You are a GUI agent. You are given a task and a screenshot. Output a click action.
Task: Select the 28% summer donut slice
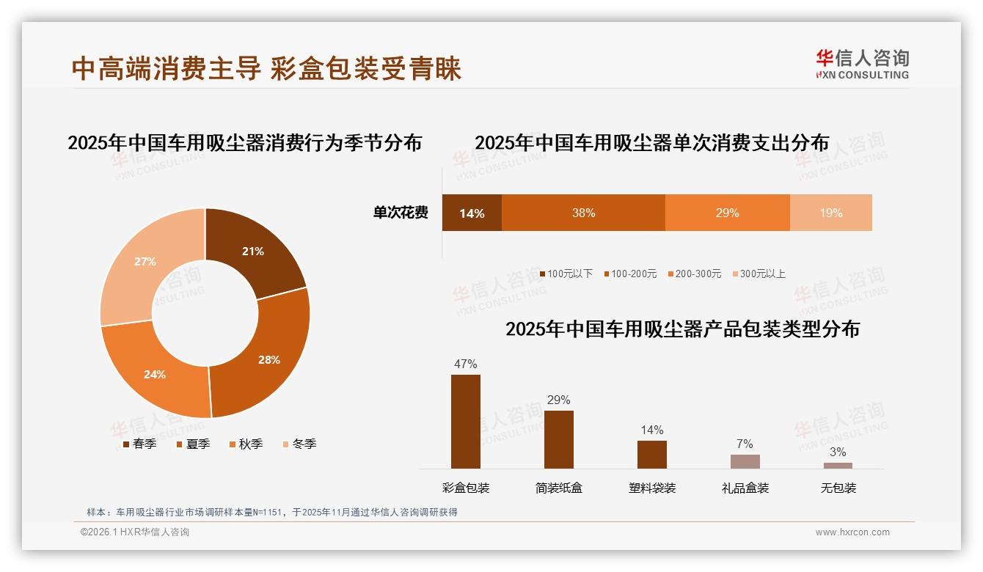click(x=268, y=359)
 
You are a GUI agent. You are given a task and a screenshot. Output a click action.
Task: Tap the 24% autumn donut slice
click(x=155, y=374)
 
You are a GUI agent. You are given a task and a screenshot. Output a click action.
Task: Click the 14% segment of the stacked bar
click(x=472, y=213)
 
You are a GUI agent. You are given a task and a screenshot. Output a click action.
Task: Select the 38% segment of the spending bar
click(x=583, y=213)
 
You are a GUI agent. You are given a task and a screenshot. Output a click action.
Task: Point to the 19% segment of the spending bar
click(x=830, y=213)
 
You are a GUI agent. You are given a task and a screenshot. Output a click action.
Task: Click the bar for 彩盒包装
click(x=465, y=422)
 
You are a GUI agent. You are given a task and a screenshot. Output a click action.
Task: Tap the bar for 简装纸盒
click(x=558, y=439)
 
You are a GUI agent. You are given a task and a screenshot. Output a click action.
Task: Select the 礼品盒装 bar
click(x=745, y=461)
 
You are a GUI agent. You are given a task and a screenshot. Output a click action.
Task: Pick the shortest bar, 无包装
click(x=838, y=466)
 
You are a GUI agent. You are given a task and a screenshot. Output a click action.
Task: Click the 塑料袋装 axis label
click(x=651, y=488)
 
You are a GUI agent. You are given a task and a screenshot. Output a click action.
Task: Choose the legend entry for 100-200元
click(x=630, y=274)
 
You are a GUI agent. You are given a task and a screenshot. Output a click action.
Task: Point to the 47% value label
click(x=465, y=364)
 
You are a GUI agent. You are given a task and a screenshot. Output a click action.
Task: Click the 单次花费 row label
click(x=401, y=213)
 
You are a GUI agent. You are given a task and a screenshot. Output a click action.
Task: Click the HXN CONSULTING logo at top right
click(x=862, y=65)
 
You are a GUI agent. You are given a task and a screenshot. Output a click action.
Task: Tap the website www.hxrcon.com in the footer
click(x=852, y=532)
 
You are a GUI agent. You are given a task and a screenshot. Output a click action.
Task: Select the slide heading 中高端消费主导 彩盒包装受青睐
click(x=266, y=69)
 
